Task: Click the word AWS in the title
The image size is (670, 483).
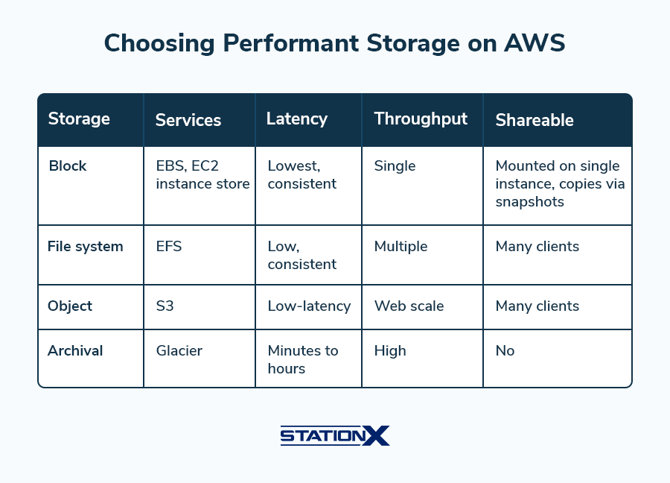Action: (x=535, y=43)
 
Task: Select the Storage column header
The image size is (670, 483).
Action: (x=79, y=119)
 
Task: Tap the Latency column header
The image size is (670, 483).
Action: (x=297, y=119)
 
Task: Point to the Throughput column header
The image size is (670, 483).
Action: (x=421, y=119)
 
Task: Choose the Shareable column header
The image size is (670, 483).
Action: (x=535, y=120)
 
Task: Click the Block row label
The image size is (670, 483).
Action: (x=68, y=165)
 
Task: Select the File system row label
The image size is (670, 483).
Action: (x=86, y=247)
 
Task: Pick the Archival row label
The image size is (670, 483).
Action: (x=75, y=351)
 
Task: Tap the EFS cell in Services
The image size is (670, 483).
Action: (x=169, y=247)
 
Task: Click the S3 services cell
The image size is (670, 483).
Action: (x=165, y=306)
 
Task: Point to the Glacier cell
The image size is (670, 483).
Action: (x=179, y=351)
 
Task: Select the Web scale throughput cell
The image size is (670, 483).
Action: (x=409, y=306)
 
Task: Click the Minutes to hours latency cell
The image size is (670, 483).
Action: (x=303, y=359)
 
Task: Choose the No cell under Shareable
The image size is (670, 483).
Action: (x=505, y=351)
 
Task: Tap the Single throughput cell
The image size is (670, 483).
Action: (x=395, y=166)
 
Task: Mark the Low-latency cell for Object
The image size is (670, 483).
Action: (x=310, y=306)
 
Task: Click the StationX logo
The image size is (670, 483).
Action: (x=335, y=436)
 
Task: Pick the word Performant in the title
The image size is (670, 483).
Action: (x=291, y=43)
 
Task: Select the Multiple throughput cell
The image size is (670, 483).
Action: (x=401, y=247)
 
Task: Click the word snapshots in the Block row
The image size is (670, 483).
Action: (x=530, y=202)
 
